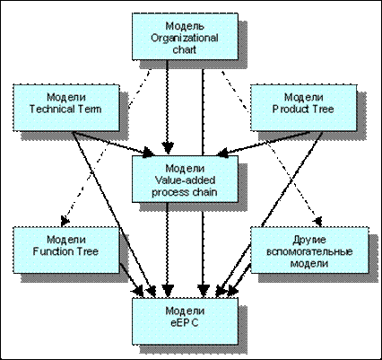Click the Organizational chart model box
pos(185,36)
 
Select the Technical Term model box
pos(66,108)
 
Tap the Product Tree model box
pos(303,108)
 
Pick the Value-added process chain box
pos(185,179)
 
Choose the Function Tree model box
pos(66,250)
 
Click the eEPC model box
pos(185,321)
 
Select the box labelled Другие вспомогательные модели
pos(309,250)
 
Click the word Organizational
pos(185,39)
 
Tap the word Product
pos(287,109)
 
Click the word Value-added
pos(185,180)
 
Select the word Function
pos(53,251)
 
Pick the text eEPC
pos(185,322)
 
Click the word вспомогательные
pos(309,251)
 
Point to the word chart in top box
pos(185,49)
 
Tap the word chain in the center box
pos(204,192)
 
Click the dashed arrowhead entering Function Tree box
pos(65,222)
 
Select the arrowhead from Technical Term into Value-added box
pos(149,152)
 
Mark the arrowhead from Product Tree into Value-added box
pos(221,152)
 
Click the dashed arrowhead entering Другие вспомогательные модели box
pos(318,222)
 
